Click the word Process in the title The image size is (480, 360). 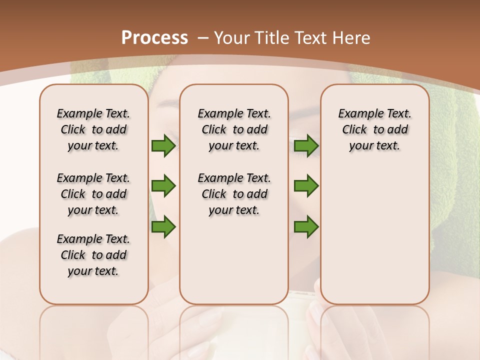tap(154, 37)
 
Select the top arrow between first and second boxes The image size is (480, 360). tap(163, 145)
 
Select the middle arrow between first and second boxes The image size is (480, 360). tap(163, 186)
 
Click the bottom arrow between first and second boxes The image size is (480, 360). tap(163, 226)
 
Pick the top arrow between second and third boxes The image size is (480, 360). tap(306, 145)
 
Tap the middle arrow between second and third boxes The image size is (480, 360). tap(306, 186)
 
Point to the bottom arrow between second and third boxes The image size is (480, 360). tap(306, 226)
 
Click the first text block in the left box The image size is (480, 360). tap(93, 129)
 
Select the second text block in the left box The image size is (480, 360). tap(93, 194)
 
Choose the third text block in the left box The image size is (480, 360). tap(93, 255)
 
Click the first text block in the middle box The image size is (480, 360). tap(234, 129)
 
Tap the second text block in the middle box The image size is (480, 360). tap(234, 194)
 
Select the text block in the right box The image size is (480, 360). tap(375, 129)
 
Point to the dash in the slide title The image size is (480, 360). tap(203, 37)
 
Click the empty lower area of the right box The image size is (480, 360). tap(375, 235)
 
